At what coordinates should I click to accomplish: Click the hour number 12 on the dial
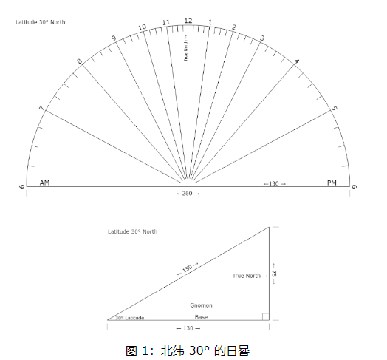click(188, 21)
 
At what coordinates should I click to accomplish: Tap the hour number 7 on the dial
click(41, 108)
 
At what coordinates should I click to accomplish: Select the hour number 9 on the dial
click(114, 38)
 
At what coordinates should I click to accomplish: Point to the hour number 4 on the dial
click(297, 61)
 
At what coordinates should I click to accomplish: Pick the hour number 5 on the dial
click(334, 108)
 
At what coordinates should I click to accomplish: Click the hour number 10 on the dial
click(142, 27)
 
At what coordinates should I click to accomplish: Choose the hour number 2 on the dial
click(234, 27)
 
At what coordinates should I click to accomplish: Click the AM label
click(44, 183)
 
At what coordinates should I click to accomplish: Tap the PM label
click(332, 183)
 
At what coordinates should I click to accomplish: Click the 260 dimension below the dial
click(188, 194)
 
